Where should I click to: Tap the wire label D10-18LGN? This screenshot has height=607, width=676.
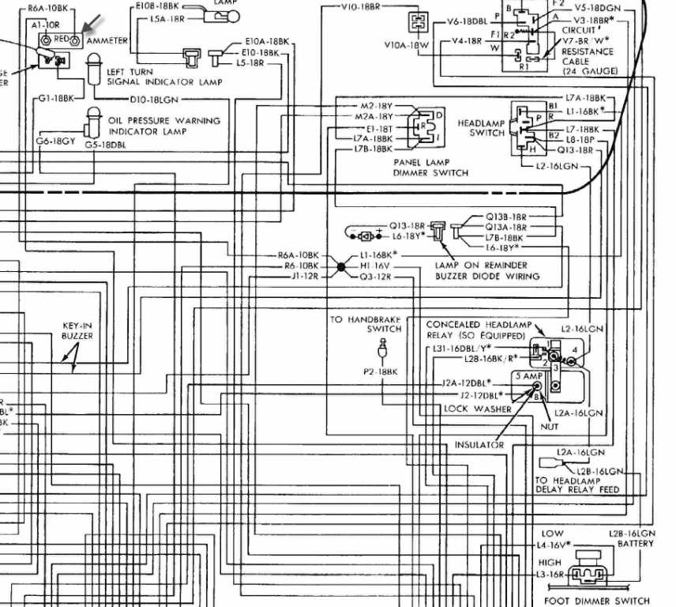click(x=156, y=100)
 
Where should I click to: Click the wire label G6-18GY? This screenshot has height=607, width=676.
click(x=54, y=141)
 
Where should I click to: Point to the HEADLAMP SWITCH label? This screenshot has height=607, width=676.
click(x=481, y=128)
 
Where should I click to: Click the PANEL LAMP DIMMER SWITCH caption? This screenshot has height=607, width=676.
click(x=430, y=168)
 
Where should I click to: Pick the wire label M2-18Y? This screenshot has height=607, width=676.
click(x=377, y=106)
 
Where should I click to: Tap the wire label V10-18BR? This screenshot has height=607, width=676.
click(x=360, y=6)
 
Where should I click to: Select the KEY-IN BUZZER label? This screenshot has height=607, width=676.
click(x=77, y=330)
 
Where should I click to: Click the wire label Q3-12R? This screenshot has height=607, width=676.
click(x=377, y=277)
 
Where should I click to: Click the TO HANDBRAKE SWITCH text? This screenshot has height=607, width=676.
click(x=366, y=324)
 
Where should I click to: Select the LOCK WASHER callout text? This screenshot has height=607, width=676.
click(x=477, y=409)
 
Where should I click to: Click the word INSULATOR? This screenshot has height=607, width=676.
click(x=479, y=445)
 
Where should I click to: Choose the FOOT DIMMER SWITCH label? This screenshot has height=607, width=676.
click(x=597, y=600)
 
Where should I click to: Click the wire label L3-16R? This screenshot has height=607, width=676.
click(x=550, y=575)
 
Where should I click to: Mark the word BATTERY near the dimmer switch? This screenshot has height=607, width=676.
click(x=635, y=544)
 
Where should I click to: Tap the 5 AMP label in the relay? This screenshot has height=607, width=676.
click(x=529, y=375)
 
